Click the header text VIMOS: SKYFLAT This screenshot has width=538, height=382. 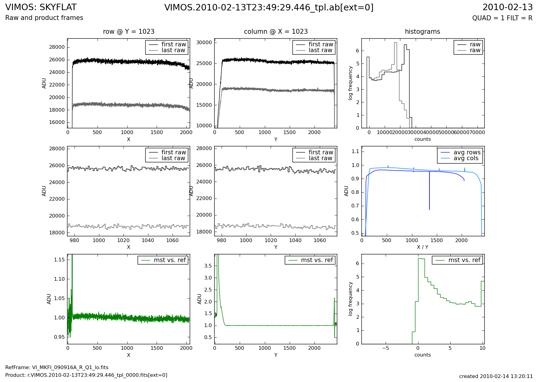[41, 7]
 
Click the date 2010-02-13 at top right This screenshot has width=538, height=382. [507, 7]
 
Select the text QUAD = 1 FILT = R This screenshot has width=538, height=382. [502, 18]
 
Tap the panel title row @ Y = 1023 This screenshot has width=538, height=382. [128, 32]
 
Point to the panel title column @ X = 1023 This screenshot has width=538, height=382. [276, 32]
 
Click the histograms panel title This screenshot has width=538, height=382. [422, 32]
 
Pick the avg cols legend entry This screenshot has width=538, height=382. [466, 158]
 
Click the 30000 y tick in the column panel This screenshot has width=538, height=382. [204, 43]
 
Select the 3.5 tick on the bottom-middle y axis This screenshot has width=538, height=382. [208, 266]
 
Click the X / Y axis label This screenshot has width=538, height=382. [422, 247]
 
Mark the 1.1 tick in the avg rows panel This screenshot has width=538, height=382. [356, 152]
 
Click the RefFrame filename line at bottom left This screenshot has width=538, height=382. [57, 368]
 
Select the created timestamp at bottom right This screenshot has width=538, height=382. [496, 376]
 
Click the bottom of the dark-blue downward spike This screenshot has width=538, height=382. [429, 209]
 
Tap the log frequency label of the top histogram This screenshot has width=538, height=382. [350, 83]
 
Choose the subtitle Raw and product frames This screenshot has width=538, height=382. [44, 18]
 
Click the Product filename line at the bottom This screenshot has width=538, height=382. [86, 375]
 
